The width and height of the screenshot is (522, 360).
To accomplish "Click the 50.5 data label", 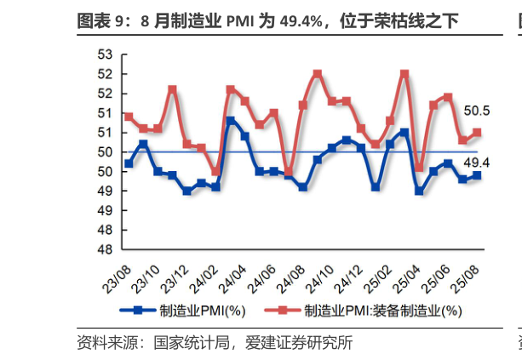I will point(476,111).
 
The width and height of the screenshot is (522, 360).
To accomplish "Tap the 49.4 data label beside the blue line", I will point(476,163).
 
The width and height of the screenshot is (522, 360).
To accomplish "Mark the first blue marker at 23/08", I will point(129,163).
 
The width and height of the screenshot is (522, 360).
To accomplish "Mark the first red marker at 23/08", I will point(129,117).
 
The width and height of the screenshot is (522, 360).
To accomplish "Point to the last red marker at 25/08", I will point(478,132).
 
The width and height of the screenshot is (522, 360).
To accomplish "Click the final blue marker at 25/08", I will point(478,175).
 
